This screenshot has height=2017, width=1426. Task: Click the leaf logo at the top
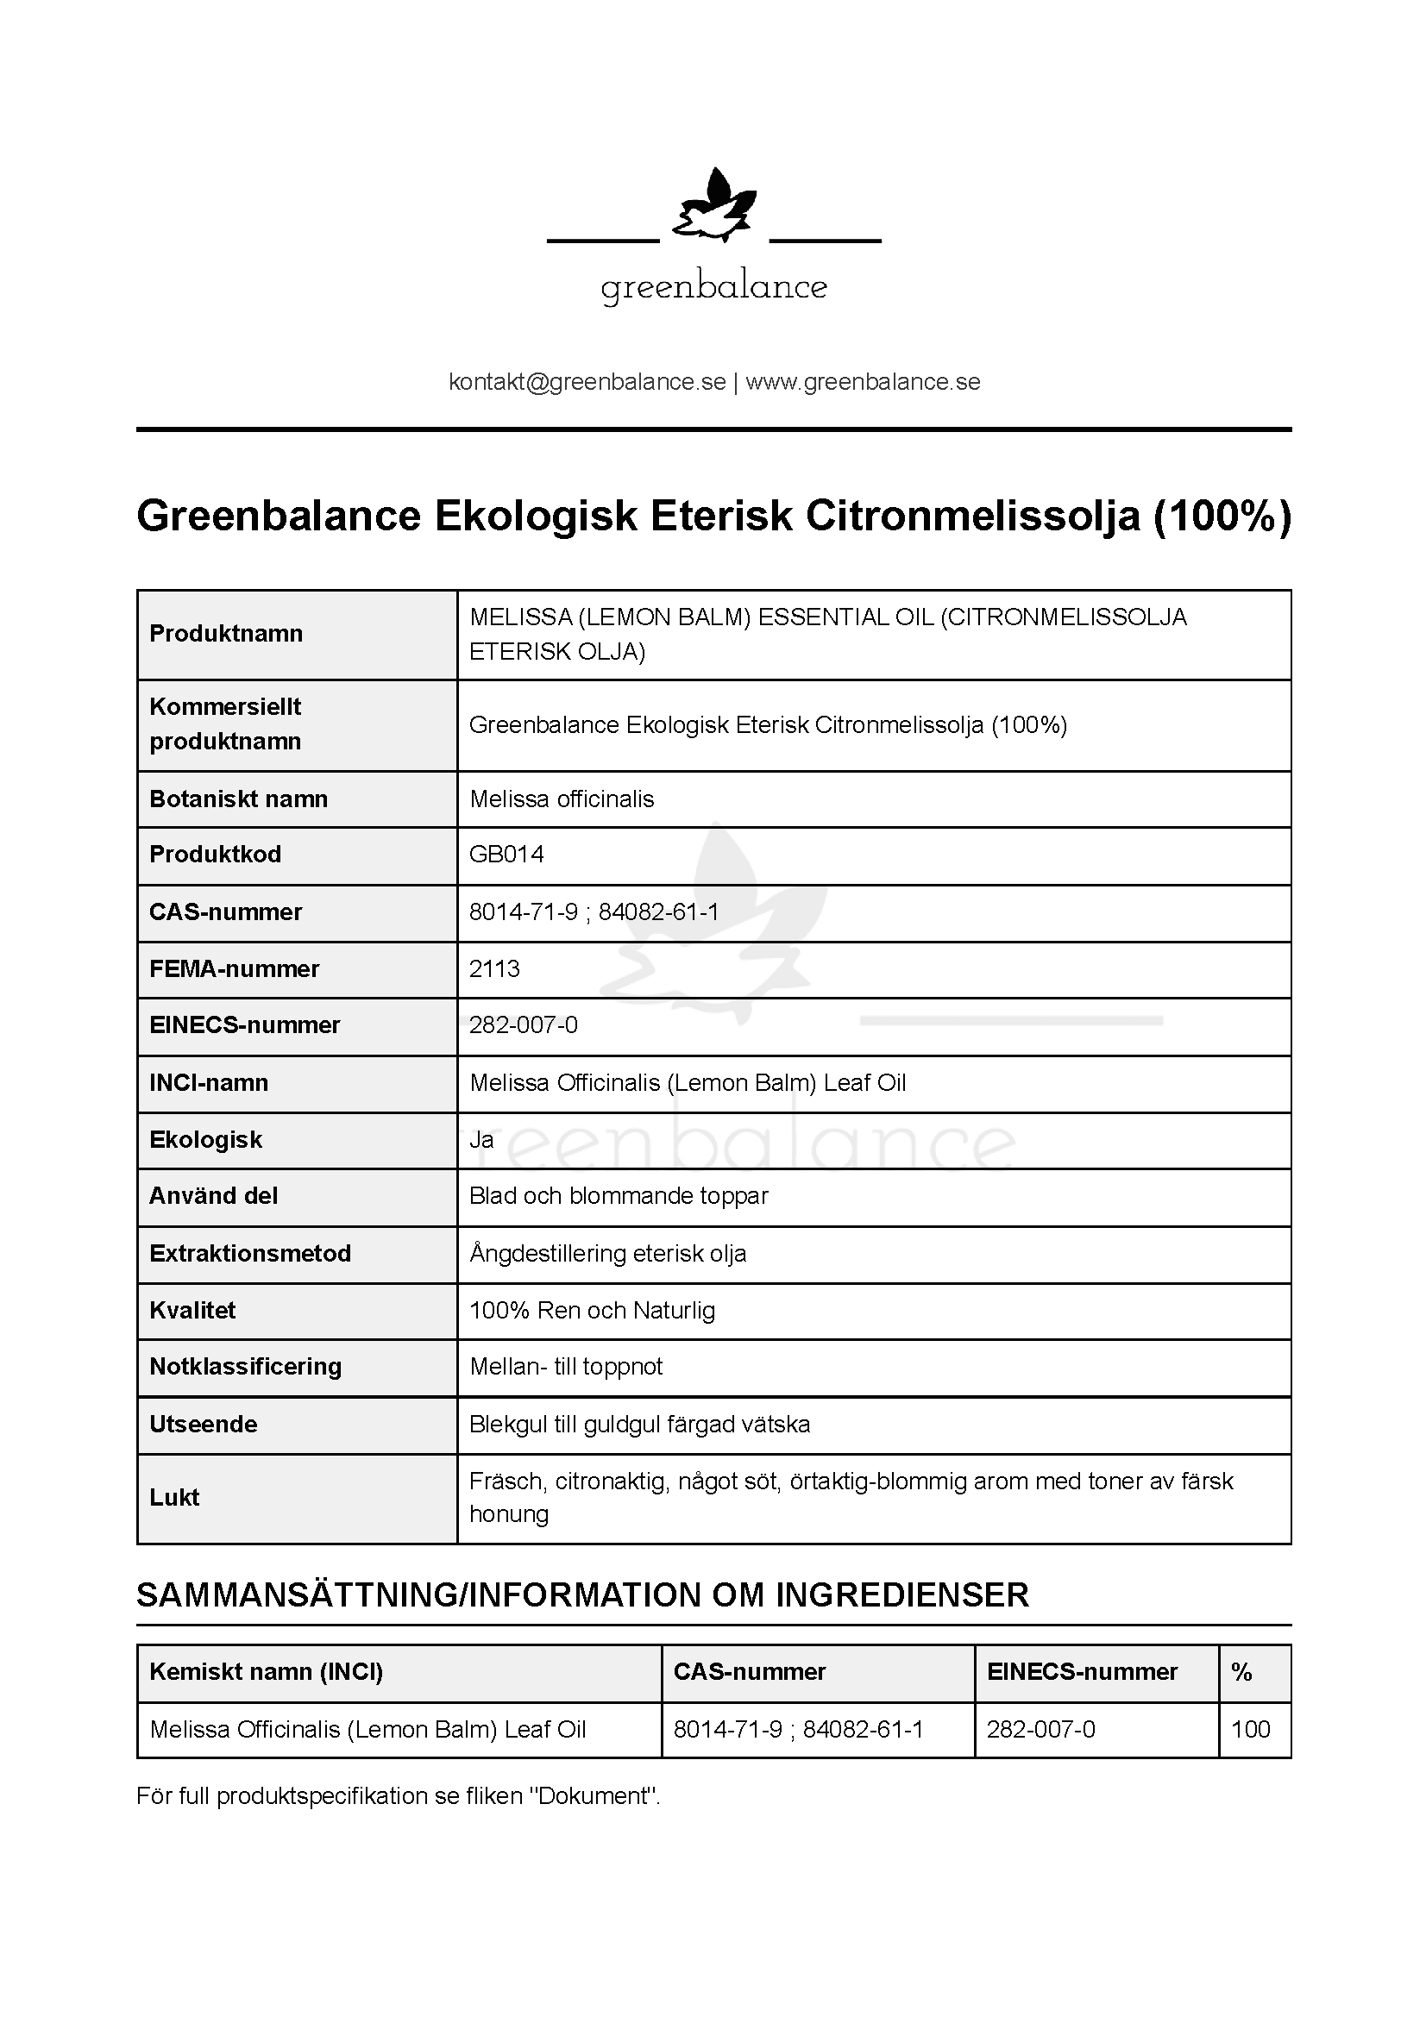(713, 207)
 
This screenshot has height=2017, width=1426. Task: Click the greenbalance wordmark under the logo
(713, 287)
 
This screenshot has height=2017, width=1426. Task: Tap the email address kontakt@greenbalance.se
(587, 382)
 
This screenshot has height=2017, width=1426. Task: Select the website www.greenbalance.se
(863, 382)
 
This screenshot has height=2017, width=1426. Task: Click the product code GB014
(506, 855)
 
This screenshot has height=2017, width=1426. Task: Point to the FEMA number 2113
(494, 969)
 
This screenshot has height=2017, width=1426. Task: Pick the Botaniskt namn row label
(238, 799)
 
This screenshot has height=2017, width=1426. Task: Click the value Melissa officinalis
(562, 799)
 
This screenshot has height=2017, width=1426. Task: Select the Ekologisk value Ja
(481, 1140)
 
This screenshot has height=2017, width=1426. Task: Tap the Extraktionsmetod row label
(249, 1254)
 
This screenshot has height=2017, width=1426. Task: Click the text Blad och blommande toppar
(619, 1197)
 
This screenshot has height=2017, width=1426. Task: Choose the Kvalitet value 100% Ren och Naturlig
(592, 1311)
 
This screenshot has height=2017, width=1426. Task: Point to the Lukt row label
(174, 1498)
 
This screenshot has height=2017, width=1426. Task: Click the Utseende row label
(203, 1424)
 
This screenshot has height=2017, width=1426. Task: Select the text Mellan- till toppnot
(566, 1367)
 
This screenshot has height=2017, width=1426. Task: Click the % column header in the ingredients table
(1241, 1672)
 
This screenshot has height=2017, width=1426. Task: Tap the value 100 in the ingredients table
(1250, 1730)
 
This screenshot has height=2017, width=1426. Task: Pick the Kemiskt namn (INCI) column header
(267, 1672)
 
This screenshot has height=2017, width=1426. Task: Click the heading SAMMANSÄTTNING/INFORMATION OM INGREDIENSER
(582, 1595)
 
